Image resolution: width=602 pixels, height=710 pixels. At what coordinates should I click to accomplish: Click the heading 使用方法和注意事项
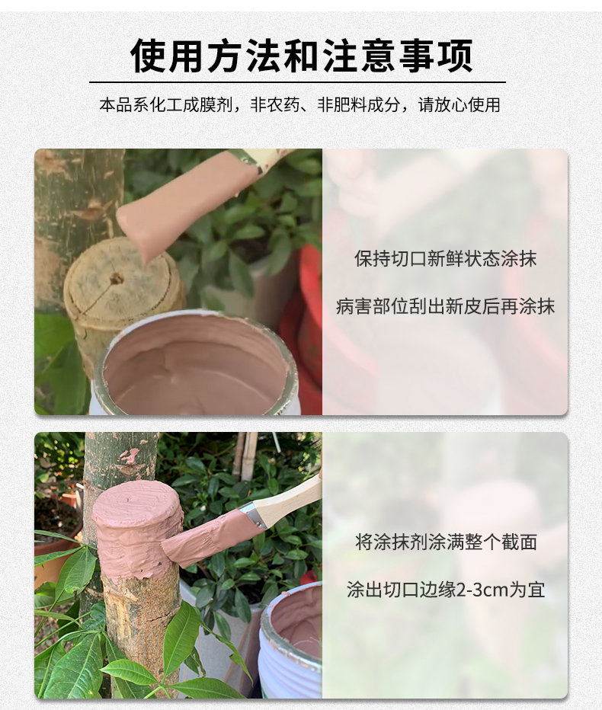(301, 56)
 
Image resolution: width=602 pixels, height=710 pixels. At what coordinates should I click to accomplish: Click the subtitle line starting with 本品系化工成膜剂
(300, 105)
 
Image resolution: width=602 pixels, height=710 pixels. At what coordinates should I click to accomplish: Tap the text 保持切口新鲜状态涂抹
(445, 258)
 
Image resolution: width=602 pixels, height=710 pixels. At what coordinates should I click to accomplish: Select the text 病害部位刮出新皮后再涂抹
(445, 306)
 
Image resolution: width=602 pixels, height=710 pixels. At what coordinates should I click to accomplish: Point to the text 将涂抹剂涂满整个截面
(446, 542)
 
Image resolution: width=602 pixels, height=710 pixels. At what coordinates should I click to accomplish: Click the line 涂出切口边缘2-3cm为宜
(446, 590)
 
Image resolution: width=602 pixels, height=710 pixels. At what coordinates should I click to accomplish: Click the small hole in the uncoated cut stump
(116, 279)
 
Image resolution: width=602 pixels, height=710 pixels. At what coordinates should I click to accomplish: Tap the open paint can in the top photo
(195, 363)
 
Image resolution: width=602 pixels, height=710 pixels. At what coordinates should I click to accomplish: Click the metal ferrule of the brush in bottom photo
(252, 514)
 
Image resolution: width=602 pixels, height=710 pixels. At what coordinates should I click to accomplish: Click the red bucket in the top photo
(303, 326)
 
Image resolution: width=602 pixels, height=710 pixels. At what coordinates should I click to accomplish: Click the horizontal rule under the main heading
(297, 82)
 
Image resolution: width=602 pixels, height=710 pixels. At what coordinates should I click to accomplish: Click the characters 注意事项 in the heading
(398, 56)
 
